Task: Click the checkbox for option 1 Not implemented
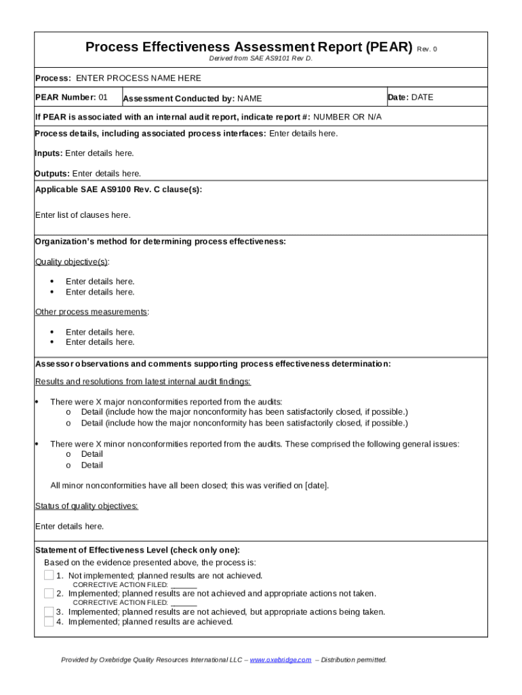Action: tap(49, 576)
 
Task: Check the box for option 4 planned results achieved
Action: tap(49, 622)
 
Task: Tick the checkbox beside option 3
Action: tap(49, 612)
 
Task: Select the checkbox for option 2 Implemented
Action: tap(49, 593)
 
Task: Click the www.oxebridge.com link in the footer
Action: tap(281, 660)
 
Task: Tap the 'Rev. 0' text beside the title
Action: tap(427, 49)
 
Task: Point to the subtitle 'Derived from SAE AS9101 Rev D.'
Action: tap(261, 59)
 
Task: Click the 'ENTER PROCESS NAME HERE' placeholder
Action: tap(138, 78)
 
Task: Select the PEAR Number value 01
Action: tap(103, 97)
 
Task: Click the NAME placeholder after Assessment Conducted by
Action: tap(249, 99)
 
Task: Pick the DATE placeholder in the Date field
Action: tap(422, 97)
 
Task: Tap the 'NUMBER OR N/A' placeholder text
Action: tap(347, 117)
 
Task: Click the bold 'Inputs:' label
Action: tap(49, 153)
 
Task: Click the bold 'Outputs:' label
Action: tap(52, 174)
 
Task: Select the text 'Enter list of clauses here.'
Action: tap(83, 215)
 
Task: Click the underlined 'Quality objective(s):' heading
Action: tap(73, 262)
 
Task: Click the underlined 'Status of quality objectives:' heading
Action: tap(87, 506)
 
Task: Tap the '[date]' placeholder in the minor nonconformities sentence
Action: tap(316, 486)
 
